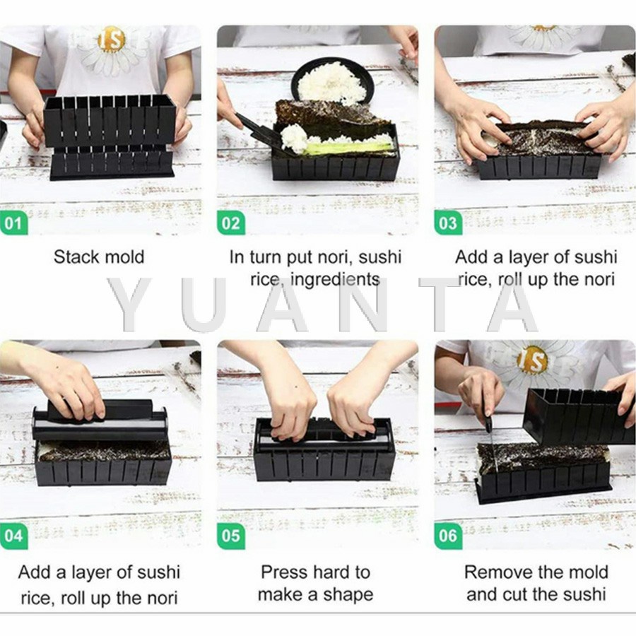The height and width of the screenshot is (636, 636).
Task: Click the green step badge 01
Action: click(14, 223)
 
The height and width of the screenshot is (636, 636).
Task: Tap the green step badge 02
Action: click(231, 223)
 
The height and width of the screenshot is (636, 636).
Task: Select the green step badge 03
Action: click(448, 223)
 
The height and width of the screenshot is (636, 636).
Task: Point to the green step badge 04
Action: click(14, 536)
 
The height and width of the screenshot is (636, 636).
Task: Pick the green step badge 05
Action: click(231, 536)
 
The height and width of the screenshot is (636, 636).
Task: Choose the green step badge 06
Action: click(448, 536)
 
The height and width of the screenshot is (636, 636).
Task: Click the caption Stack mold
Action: click(99, 257)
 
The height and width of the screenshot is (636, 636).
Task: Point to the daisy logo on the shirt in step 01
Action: click(110, 49)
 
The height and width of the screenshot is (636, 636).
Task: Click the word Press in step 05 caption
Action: click(284, 572)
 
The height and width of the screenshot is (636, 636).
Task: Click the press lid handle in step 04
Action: click(100, 409)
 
